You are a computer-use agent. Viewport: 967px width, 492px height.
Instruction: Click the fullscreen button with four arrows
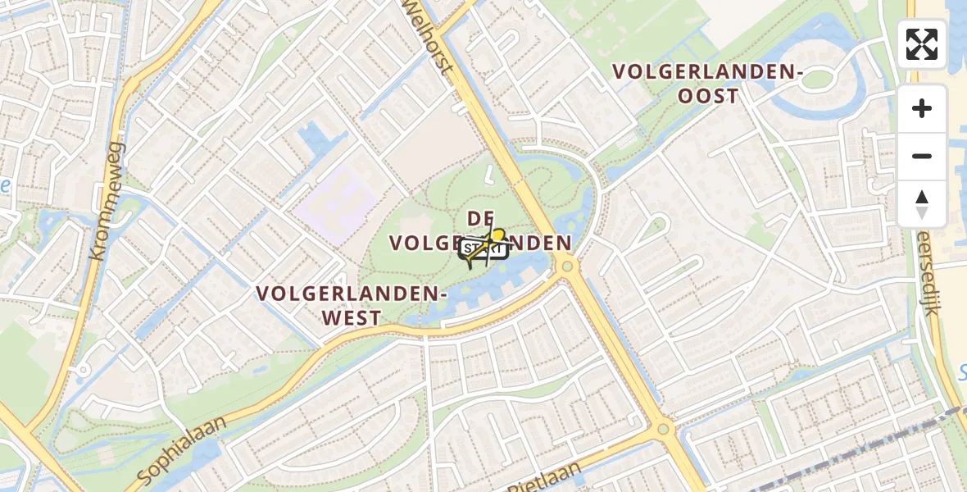coord(922,44)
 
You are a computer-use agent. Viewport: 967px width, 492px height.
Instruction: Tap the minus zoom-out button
coord(922,156)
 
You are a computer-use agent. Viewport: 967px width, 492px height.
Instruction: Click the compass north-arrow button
coord(922,204)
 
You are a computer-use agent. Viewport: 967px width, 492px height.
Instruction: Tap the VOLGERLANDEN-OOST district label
coord(708,84)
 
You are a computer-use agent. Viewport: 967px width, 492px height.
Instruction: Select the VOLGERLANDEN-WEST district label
coord(351,305)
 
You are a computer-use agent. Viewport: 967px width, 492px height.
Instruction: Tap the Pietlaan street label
coord(545,479)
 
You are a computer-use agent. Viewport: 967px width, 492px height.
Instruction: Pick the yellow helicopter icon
coord(489,245)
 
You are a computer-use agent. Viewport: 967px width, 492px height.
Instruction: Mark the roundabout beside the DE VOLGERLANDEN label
coord(565,265)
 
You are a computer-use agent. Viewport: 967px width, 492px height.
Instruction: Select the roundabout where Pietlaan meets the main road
coord(664,428)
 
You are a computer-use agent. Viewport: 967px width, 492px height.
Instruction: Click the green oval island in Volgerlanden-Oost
coord(817,80)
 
